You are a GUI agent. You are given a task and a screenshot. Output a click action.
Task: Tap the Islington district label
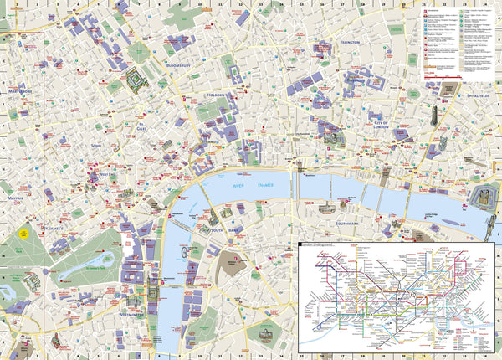coord(350,41)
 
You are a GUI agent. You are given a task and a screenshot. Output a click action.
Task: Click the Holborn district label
coord(215,96)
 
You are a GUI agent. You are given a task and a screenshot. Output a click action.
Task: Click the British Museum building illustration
coord(134,80)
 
